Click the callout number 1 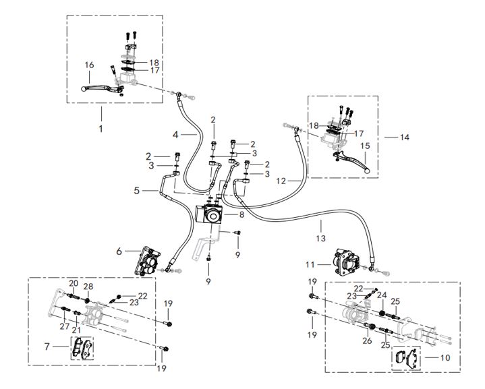[101, 126]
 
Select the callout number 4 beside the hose [175, 136]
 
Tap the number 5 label [137, 191]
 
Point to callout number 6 [119, 250]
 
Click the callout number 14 [405, 137]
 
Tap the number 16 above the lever [89, 65]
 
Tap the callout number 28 [88, 287]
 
